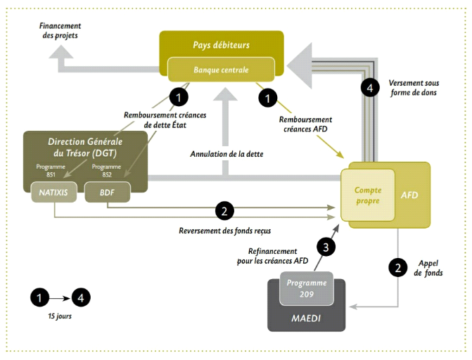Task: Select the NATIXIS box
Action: click(x=53, y=191)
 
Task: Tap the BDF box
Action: click(x=103, y=191)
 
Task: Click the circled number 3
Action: click(x=326, y=247)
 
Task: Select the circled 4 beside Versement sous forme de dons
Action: click(x=369, y=87)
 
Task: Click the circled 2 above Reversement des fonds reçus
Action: click(x=224, y=210)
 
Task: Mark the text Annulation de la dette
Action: click(x=227, y=153)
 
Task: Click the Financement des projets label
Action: click(x=58, y=30)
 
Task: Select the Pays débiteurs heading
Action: click(x=222, y=45)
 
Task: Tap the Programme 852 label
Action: click(x=103, y=171)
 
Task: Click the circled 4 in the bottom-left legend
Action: click(x=82, y=297)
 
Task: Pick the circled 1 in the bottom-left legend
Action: click(x=40, y=297)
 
